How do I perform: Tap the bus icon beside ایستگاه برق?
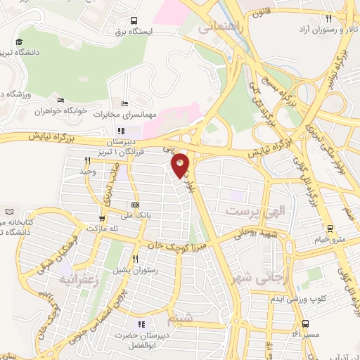point(134,21)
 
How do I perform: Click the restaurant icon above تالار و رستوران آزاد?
point(328,18)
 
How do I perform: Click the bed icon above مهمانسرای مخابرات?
point(125,103)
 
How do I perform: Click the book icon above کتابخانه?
point(8,212)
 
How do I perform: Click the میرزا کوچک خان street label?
point(174,245)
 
